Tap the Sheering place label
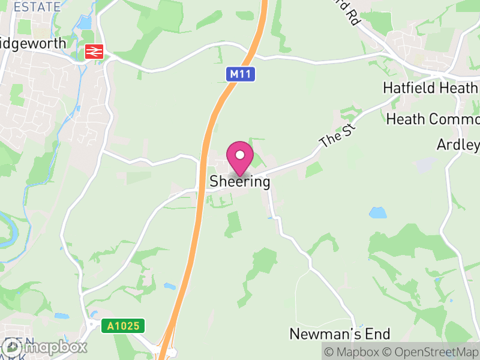pos(239,182)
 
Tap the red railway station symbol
pos(94,52)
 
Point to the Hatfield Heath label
pos(430,88)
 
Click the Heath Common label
pos(433,119)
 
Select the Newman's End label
pos(340,334)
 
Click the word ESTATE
pos(37,7)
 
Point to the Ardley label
pos(458,145)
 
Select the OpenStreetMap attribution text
pos(433,352)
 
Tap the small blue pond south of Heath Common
pos(377,213)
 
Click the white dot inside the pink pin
pos(240,155)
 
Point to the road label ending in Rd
pos(348,13)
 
